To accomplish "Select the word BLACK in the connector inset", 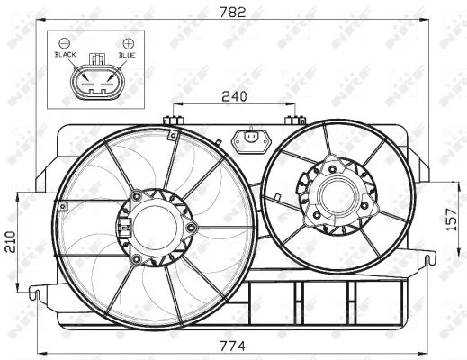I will (x=66, y=55).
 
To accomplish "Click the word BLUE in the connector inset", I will (x=127, y=55).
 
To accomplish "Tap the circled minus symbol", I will (x=64, y=42).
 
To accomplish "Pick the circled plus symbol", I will (x=128, y=42).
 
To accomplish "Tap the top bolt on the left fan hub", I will (x=135, y=194).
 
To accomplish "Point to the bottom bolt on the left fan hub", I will (x=135, y=259).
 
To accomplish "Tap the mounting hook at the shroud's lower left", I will (x=36, y=292).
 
